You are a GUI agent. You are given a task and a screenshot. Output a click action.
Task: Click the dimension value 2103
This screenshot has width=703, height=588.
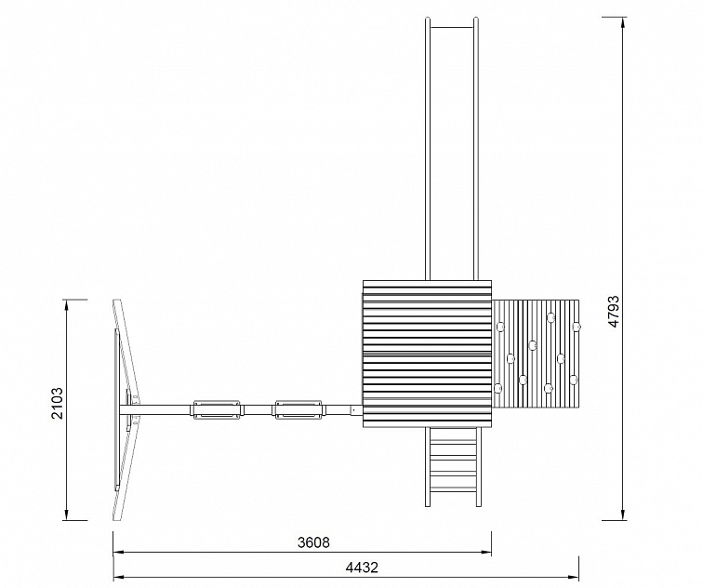coord(57,403)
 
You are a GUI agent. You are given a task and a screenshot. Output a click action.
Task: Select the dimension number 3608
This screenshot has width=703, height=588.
coord(313,542)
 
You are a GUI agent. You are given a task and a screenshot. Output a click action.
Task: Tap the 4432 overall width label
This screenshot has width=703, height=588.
coord(362,568)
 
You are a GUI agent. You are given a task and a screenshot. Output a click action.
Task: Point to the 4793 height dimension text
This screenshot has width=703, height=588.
coord(614,312)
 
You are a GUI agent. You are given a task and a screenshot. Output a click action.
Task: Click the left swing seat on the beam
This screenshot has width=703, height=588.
coord(218,409)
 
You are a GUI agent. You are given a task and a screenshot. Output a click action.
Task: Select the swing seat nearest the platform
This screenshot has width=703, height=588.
coord(298,409)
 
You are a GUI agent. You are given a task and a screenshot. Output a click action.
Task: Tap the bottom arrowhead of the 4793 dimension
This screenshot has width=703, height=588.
coord(623,514)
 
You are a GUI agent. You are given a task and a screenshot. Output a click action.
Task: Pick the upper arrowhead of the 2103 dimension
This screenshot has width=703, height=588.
coord(67,306)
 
